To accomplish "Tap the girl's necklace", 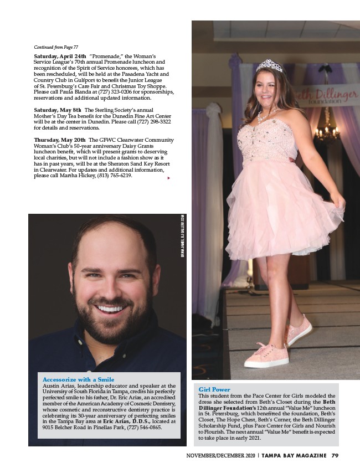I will pyautogui.click(x=268, y=116).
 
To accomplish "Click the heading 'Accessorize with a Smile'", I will pyautogui.click(x=78, y=379).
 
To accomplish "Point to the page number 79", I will pyautogui.click(x=335, y=456).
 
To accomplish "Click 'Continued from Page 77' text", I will pyautogui.click(x=56, y=48).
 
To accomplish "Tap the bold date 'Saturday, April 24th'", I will pyautogui.click(x=60, y=56).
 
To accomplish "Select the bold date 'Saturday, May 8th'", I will pyautogui.click(x=58, y=110).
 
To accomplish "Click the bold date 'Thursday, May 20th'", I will pyautogui.click(x=60, y=140).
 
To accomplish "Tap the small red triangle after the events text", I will pyautogui.click(x=168, y=178).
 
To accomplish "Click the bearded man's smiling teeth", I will pyautogui.click(x=111, y=308).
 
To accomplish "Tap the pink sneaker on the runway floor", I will pyautogui.click(x=267, y=354).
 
